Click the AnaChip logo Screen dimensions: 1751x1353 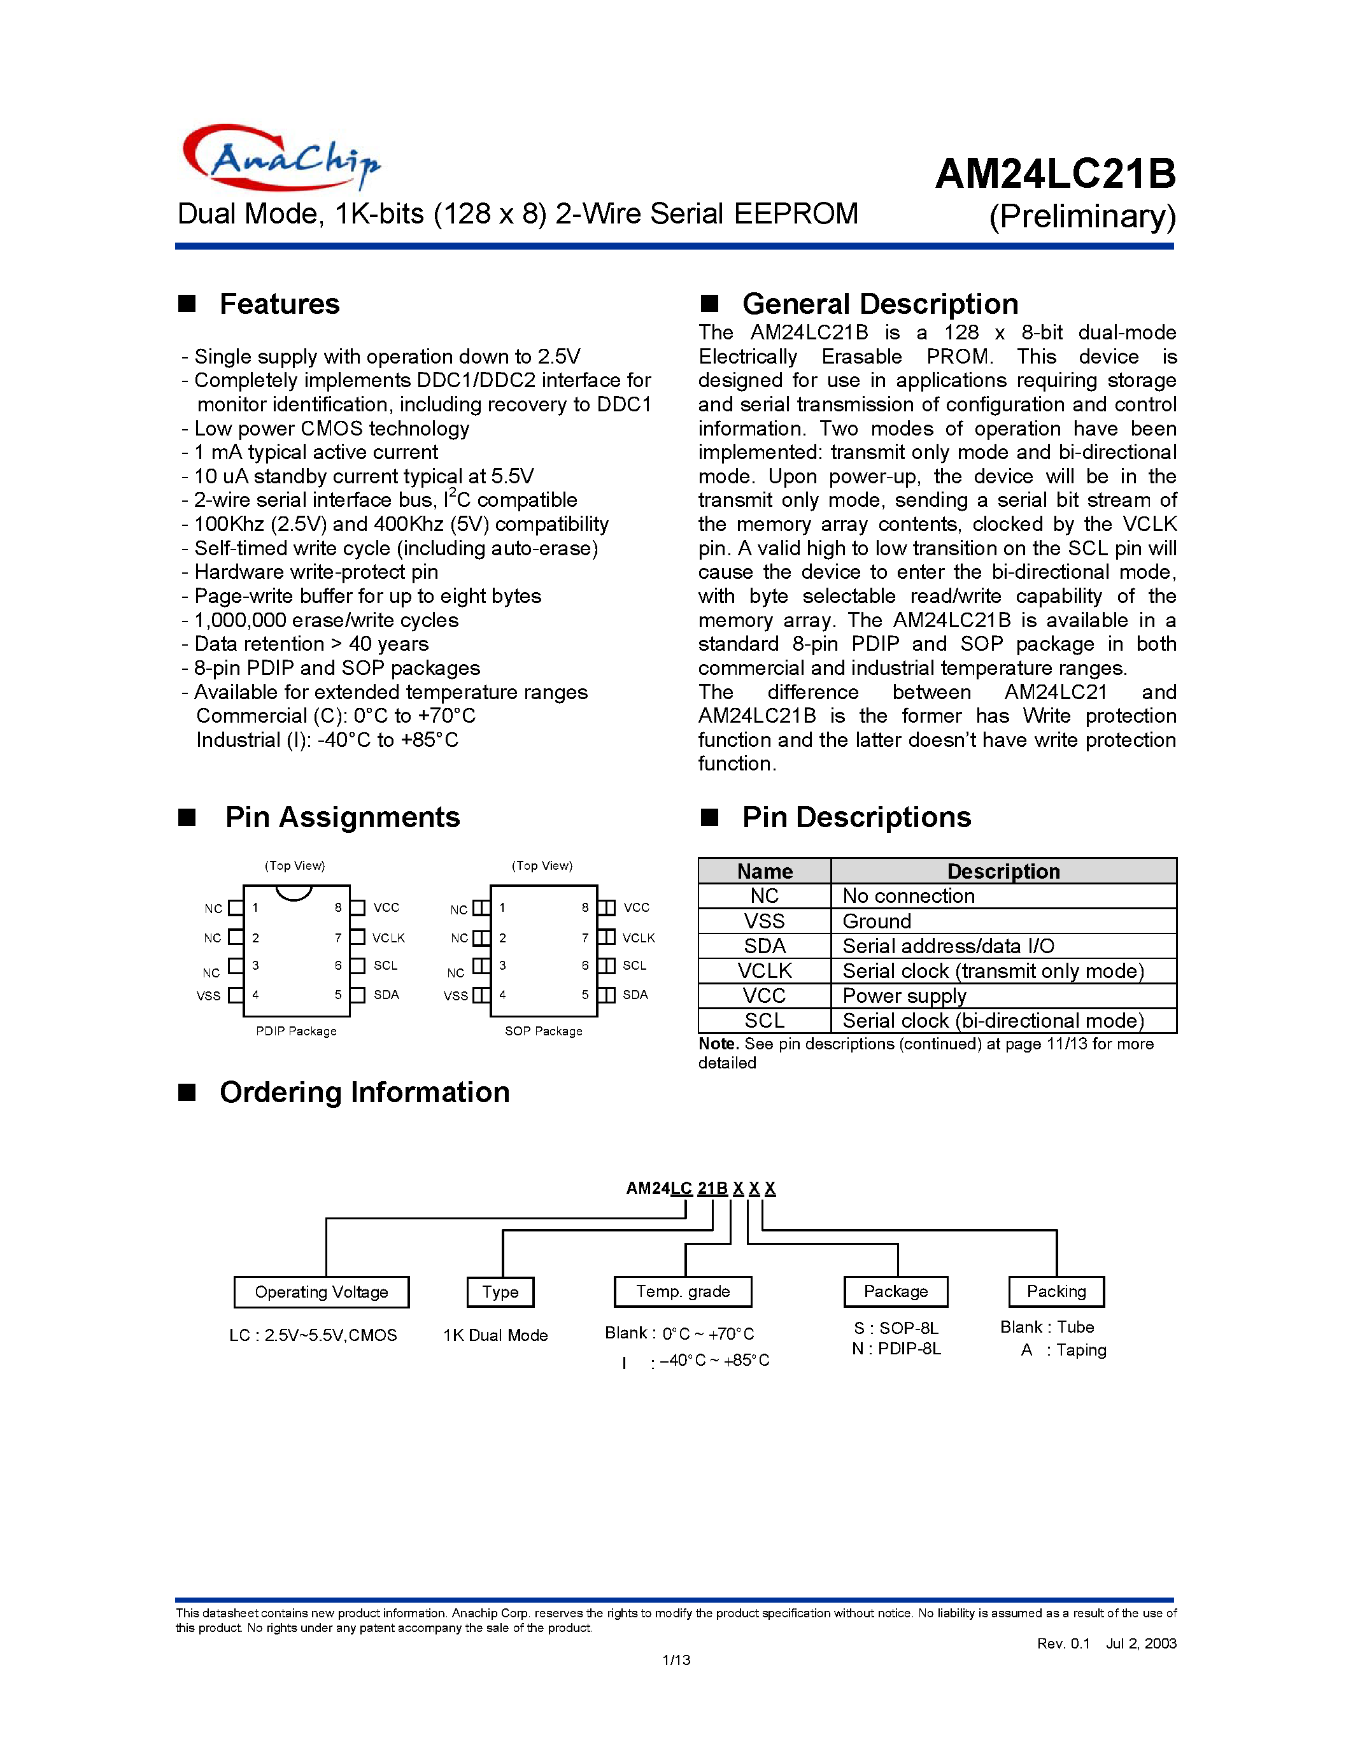click(281, 157)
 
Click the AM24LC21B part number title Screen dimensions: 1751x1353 click(1055, 174)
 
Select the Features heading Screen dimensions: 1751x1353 click(279, 304)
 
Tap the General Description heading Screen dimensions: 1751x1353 click(879, 304)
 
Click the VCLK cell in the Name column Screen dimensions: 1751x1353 click(764, 971)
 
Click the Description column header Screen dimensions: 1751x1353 click(1003, 872)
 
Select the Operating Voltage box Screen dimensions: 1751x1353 click(322, 1292)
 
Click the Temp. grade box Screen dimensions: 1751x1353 click(683, 1292)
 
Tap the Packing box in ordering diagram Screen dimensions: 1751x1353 click(1056, 1292)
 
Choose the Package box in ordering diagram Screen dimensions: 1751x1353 click(895, 1292)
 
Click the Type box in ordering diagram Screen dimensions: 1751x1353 click(500, 1292)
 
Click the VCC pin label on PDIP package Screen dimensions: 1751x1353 click(386, 907)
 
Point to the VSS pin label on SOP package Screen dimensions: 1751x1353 click(455, 996)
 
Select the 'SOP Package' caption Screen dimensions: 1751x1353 click(544, 1031)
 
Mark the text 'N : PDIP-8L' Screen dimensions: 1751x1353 click(896, 1349)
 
